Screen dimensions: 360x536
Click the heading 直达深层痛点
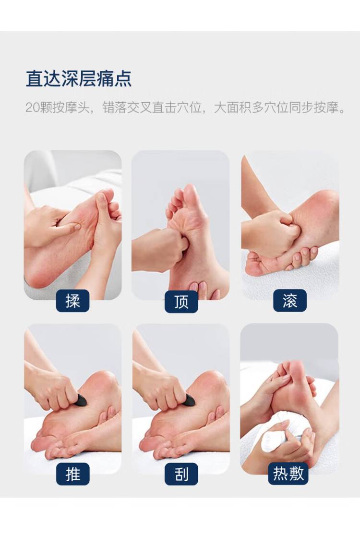coord(79,79)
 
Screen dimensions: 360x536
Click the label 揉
coord(72,301)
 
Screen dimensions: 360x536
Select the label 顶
coord(181,302)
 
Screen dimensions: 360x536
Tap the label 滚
coord(289,301)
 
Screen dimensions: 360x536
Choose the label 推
coord(72,474)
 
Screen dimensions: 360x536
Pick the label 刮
coord(181,474)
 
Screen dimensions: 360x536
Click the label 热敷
coord(288,474)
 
